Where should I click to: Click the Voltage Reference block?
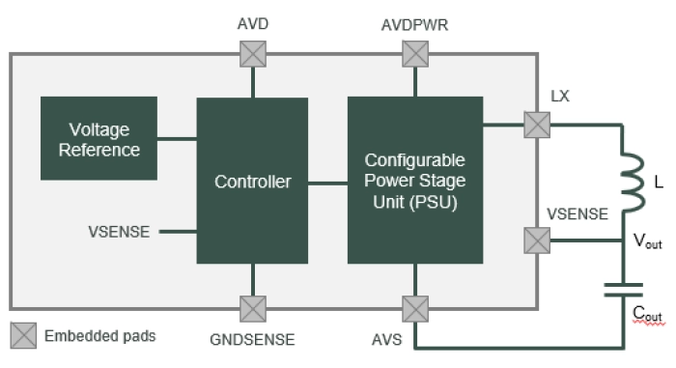(x=99, y=139)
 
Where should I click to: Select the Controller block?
(x=252, y=181)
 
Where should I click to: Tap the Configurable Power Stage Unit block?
(x=414, y=181)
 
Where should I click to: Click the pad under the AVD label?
(x=253, y=55)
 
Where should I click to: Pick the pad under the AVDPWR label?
(x=415, y=55)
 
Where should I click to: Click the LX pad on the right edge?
(x=536, y=125)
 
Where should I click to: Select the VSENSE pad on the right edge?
(x=536, y=241)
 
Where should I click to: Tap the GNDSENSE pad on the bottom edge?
(x=253, y=309)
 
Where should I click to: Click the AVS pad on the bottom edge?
(x=415, y=309)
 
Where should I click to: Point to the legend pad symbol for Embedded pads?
(x=23, y=336)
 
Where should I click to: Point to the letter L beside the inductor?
(x=659, y=182)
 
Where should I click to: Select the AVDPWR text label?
(x=415, y=23)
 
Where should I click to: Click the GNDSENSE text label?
(x=253, y=339)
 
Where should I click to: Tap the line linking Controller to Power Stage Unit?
(x=327, y=182)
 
